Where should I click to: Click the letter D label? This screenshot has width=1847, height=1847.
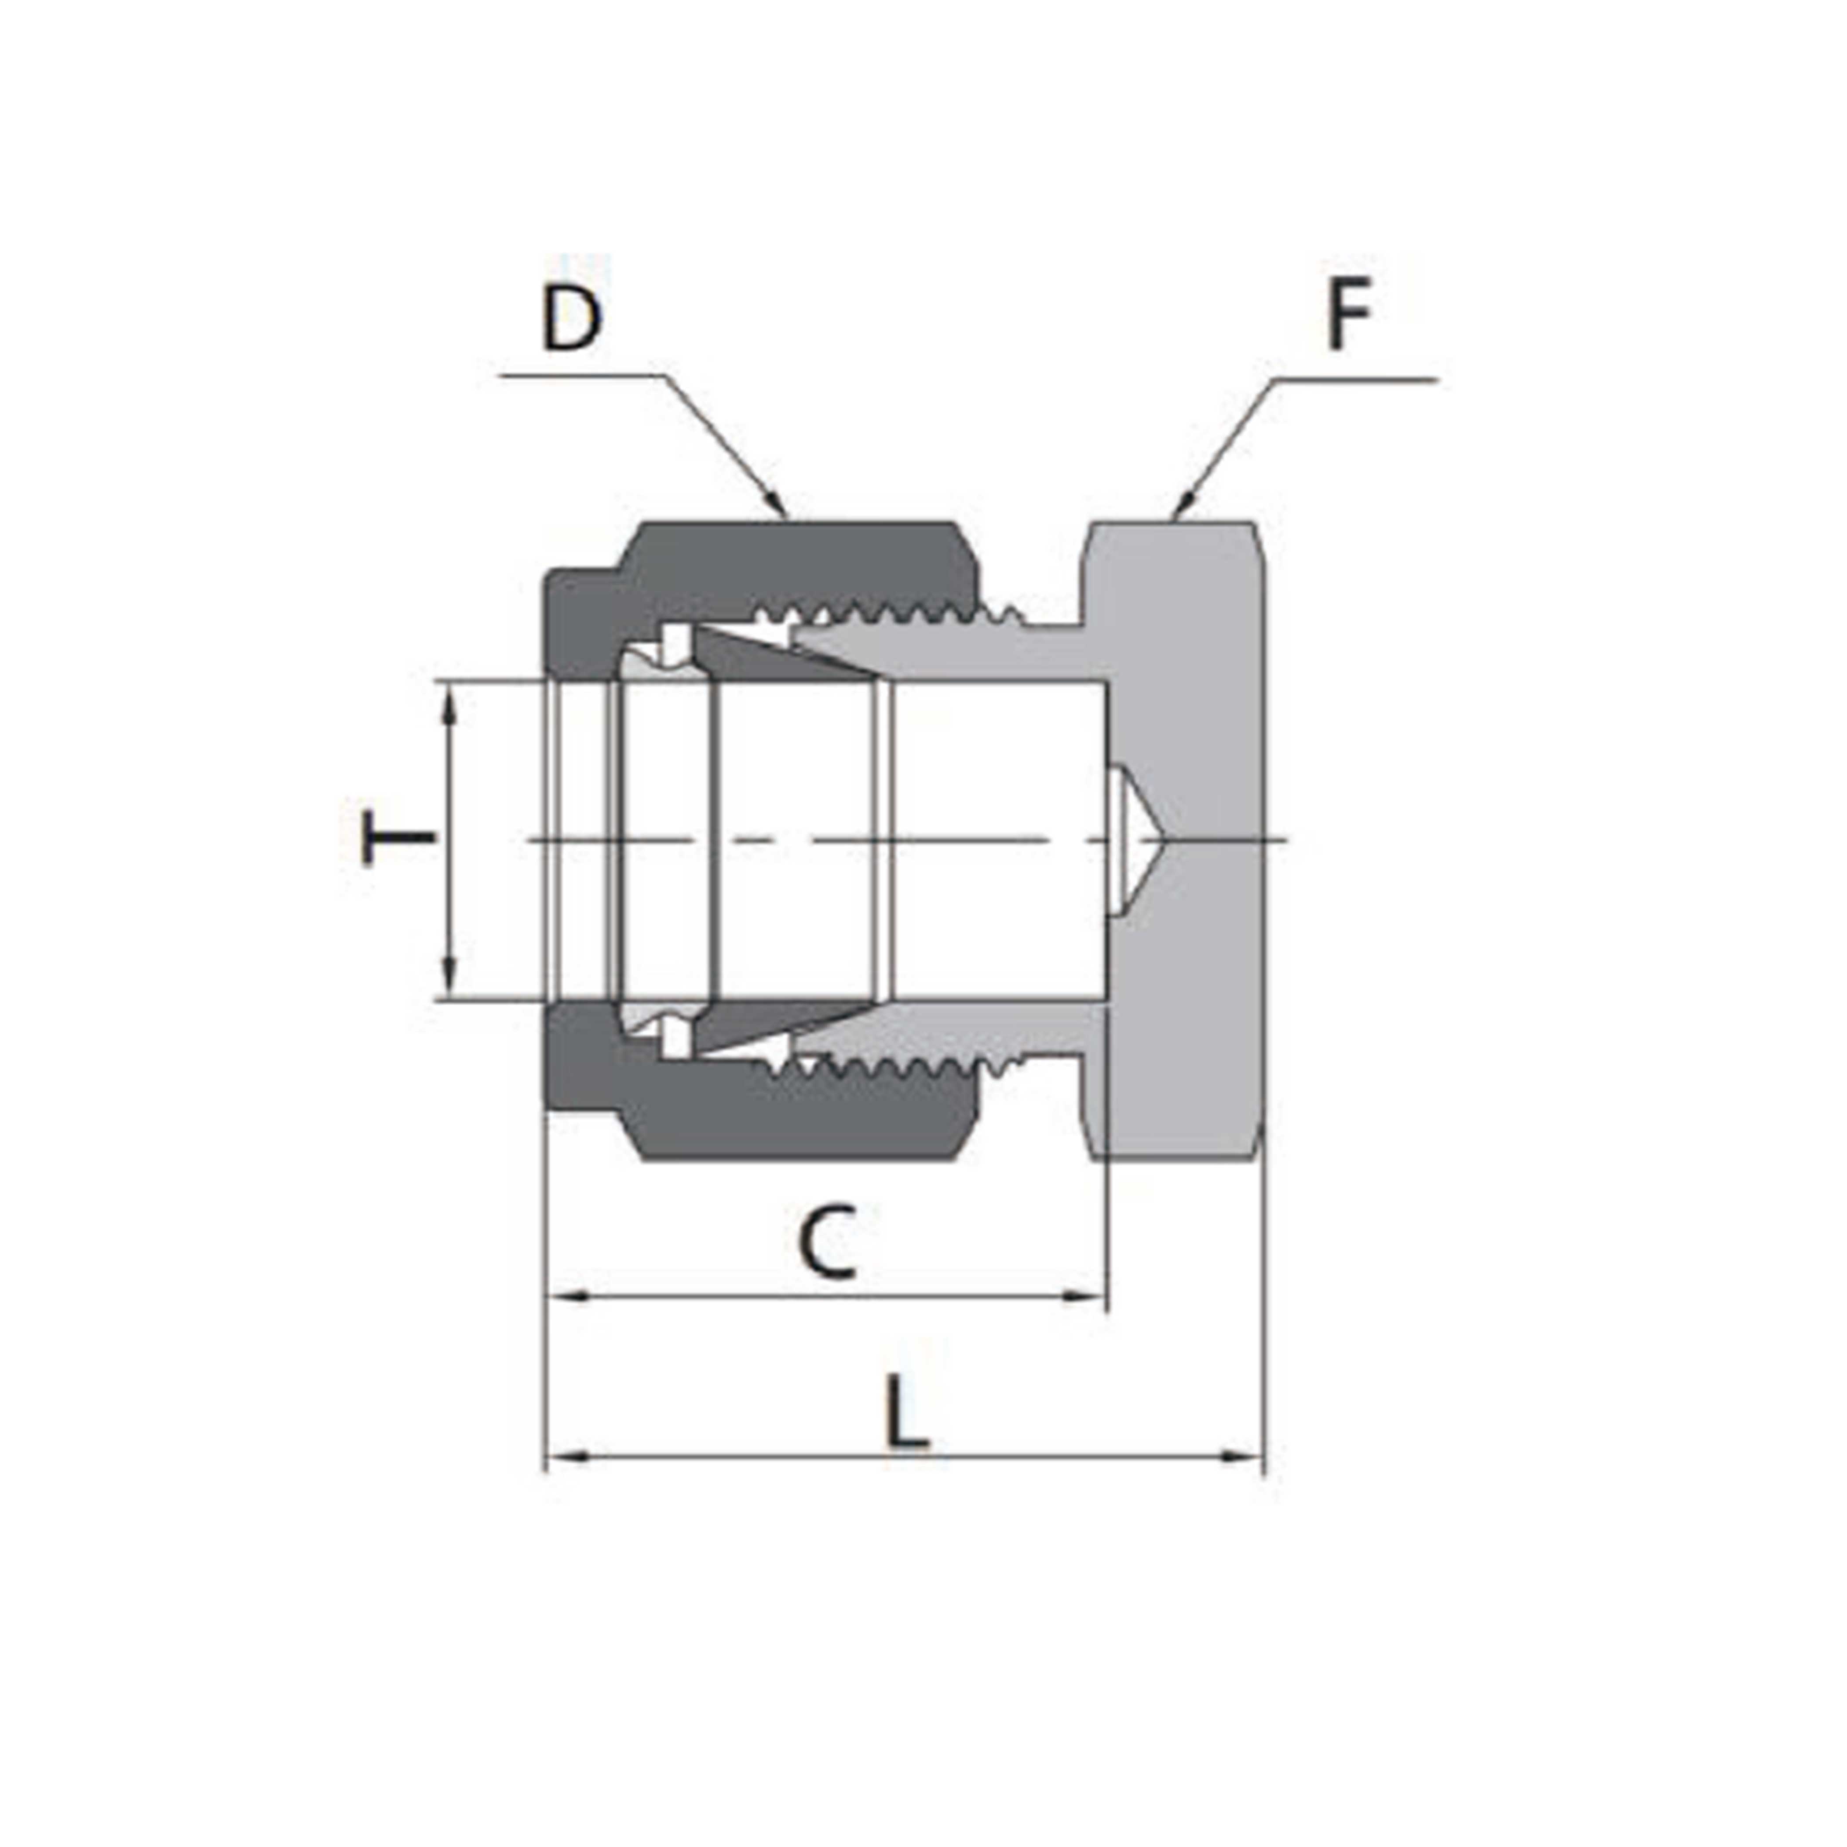click(x=572, y=319)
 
